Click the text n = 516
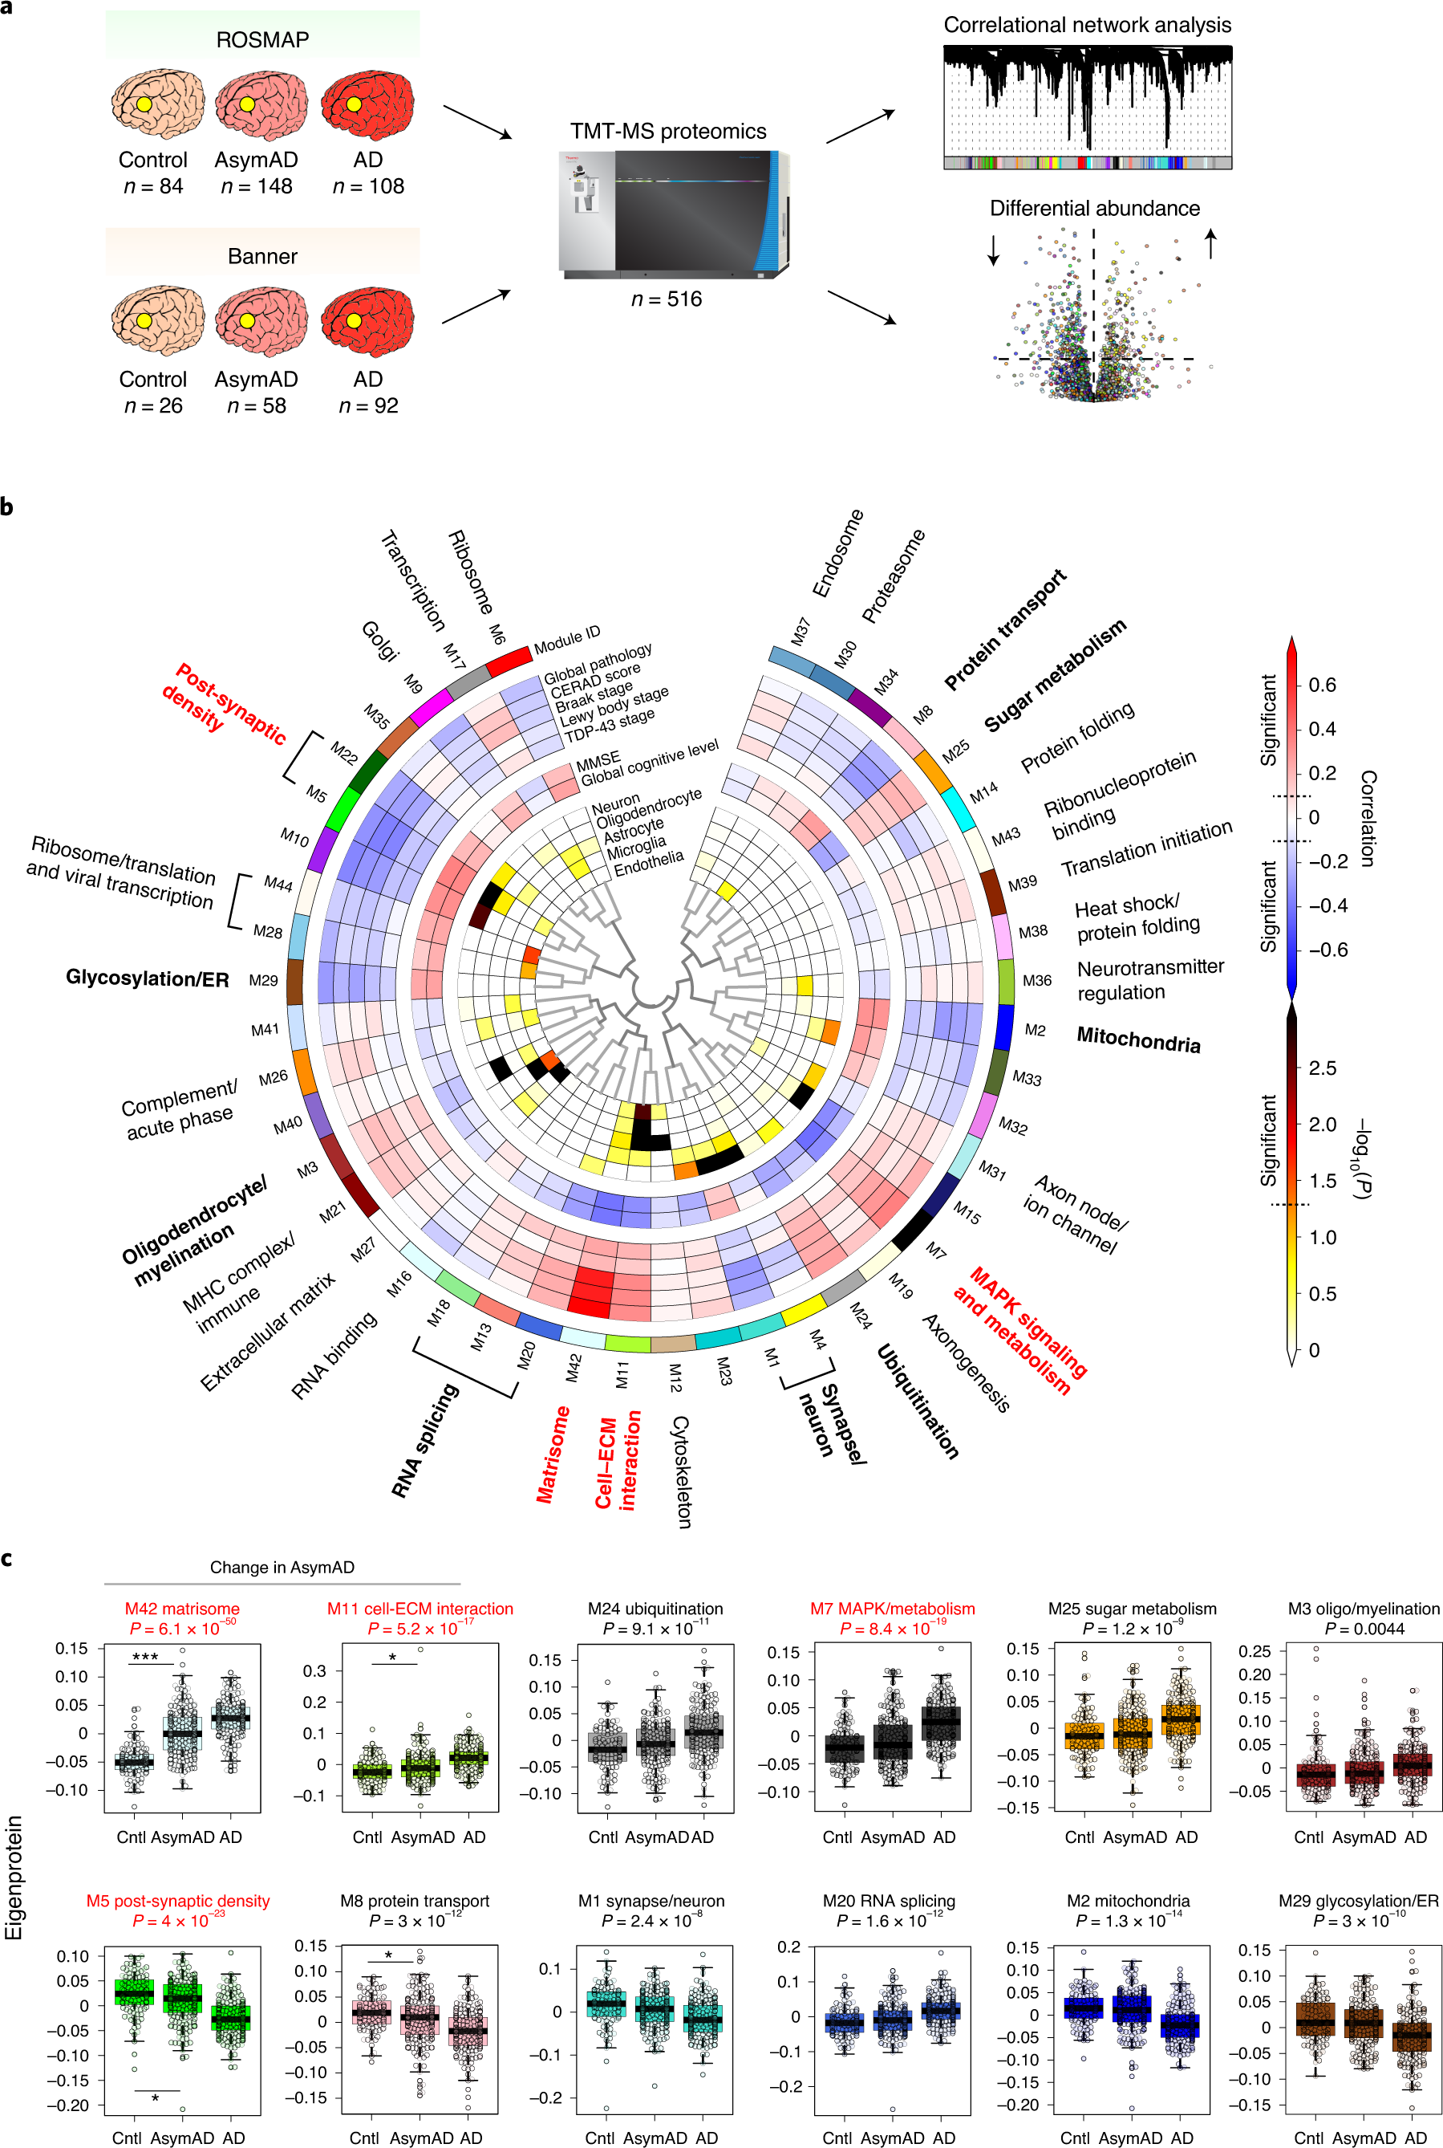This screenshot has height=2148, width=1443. coord(667,299)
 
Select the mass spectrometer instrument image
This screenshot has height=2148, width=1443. coord(674,214)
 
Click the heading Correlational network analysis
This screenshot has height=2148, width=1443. coord(1087,25)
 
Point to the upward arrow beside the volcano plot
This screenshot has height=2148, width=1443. coord(1211,243)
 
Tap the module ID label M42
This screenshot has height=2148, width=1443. coord(574,1368)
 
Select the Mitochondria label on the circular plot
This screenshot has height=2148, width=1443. coord(1138,1039)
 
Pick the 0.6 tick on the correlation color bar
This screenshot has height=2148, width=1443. coord(1322,685)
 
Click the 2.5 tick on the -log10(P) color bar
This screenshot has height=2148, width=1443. coord(1323,1068)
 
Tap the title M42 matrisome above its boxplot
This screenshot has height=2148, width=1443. coord(182,1609)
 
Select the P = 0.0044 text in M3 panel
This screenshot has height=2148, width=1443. coord(1364,1629)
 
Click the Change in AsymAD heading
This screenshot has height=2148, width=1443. coord(282,1567)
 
